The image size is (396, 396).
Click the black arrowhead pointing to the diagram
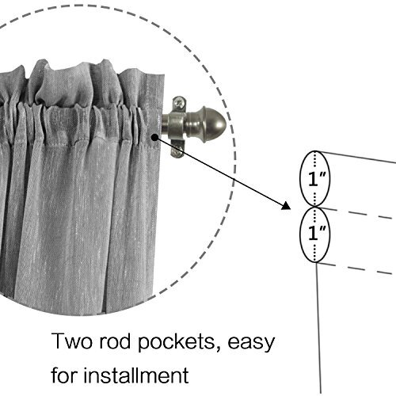click(x=286, y=205)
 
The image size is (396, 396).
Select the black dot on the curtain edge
click(x=155, y=137)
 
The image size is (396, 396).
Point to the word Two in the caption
click(x=72, y=341)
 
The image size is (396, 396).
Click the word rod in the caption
click(x=115, y=341)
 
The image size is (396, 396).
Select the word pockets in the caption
click(x=176, y=342)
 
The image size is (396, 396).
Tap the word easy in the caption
click(x=251, y=343)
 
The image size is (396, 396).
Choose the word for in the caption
click(x=64, y=375)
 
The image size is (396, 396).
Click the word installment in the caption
click(x=136, y=375)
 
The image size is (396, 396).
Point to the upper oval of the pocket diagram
click(x=300, y=178)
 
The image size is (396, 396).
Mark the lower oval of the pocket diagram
click(x=300, y=235)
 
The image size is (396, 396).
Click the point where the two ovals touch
click(x=315, y=207)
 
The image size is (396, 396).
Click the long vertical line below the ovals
click(x=318, y=328)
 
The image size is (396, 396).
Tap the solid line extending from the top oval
click(x=356, y=158)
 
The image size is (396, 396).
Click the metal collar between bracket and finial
click(x=193, y=124)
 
